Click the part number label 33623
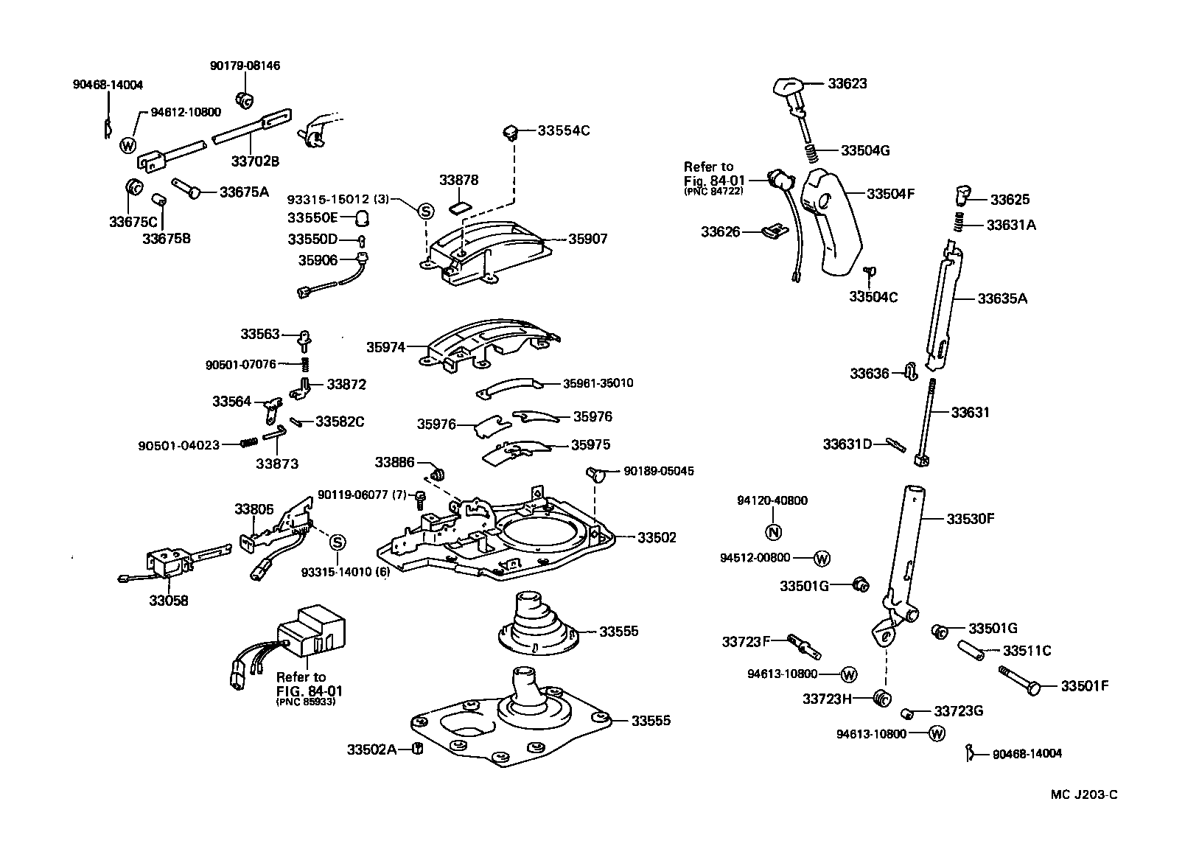click(x=847, y=83)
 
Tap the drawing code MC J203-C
click(x=1084, y=794)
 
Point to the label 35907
click(x=587, y=239)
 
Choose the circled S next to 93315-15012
click(x=425, y=211)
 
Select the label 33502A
click(x=372, y=749)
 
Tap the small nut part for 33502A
click(x=416, y=749)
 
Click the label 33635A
click(x=1002, y=298)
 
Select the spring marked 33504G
click(x=811, y=153)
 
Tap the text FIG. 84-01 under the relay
click(x=310, y=691)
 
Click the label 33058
click(x=169, y=600)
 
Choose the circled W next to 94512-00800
click(x=822, y=559)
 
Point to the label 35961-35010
click(x=598, y=383)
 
